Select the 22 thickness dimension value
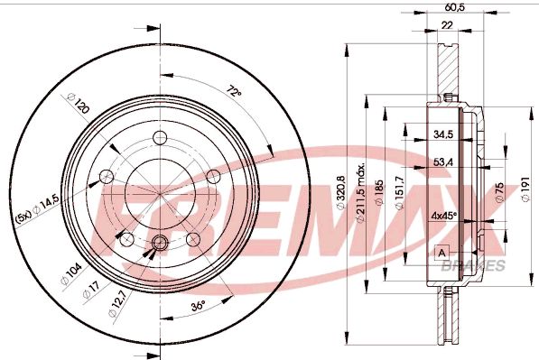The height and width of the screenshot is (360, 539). [x=447, y=25]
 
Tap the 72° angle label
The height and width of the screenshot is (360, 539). [x=234, y=92]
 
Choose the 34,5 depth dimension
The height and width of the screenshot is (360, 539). [x=442, y=134]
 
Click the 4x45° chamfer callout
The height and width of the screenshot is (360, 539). [x=443, y=216]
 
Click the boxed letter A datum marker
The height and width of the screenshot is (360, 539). [x=441, y=252]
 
